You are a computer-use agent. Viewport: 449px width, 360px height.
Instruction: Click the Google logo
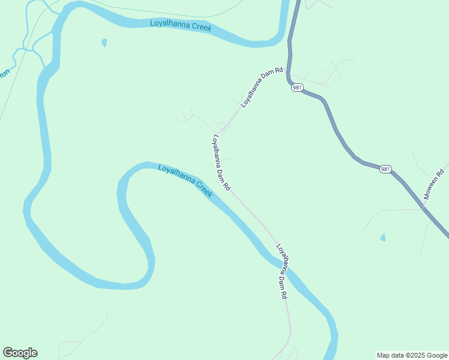(20, 353)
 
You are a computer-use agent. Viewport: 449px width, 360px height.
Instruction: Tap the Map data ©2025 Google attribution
(412, 355)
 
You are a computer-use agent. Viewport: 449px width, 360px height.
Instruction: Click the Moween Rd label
(436, 181)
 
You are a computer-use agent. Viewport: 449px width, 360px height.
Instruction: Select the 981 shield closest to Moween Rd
(385, 169)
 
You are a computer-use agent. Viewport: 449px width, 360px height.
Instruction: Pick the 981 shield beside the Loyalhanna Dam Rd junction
(297, 88)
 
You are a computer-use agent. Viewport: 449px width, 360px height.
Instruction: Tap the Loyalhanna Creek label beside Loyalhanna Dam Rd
(185, 182)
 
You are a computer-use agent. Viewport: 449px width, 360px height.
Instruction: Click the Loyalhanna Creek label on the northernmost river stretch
(181, 26)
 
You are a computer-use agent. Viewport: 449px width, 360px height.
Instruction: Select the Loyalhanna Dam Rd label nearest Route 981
(262, 87)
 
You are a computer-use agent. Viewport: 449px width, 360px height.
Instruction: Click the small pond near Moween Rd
(383, 238)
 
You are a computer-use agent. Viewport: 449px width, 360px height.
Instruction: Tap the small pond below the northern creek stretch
(104, 43)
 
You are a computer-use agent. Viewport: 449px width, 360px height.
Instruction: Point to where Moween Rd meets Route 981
(424, 208)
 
